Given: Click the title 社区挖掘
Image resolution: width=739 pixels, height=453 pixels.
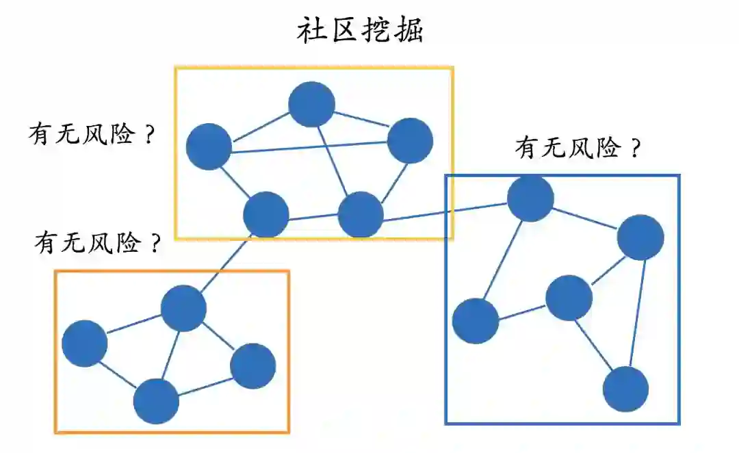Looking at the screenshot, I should tap(361, 31).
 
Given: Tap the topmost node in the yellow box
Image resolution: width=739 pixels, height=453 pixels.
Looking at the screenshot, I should tap(311, 104).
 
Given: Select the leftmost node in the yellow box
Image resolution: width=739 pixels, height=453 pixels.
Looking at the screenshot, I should tap(209, 146).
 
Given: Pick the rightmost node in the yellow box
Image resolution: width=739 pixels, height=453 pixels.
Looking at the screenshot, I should tap(410, 140).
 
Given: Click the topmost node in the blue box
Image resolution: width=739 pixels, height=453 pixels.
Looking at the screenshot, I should tap(530, 198).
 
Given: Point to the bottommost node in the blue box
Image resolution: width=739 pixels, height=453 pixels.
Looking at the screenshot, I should tap(625, 389).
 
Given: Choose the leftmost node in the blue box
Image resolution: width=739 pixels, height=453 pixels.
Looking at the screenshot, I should tap(476, 320).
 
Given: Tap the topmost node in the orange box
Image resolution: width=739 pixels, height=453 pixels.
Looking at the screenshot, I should tap(183, 308).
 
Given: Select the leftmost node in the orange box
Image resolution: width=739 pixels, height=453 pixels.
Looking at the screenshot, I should tap(85, 343).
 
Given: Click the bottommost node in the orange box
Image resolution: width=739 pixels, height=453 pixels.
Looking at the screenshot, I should tap(156, 401).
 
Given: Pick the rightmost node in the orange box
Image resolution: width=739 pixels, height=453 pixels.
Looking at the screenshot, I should tap(252, 366).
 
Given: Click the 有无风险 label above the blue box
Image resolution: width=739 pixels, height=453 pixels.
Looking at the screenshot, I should tap(567, 148).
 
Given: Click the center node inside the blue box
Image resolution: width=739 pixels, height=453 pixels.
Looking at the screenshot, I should tap(569, 298).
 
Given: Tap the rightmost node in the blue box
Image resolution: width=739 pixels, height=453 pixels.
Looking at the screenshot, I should tap(640, 237).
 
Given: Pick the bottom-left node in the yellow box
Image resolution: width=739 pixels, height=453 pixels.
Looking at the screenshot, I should tap(266, 214).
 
